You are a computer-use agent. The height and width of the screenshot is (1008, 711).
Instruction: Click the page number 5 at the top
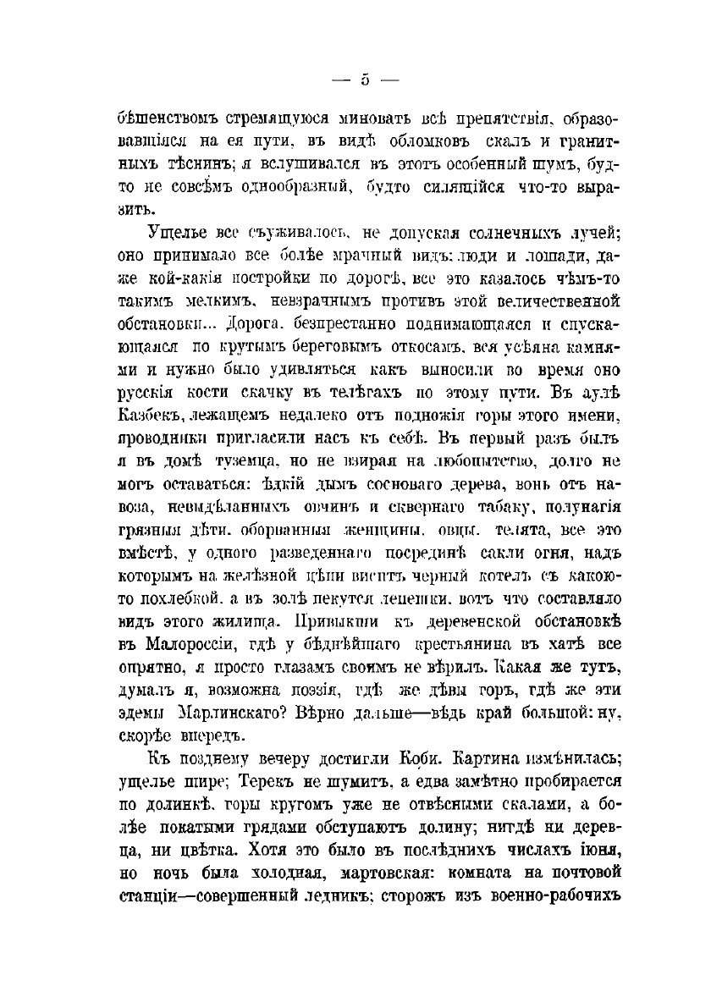tap(365, 81)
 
